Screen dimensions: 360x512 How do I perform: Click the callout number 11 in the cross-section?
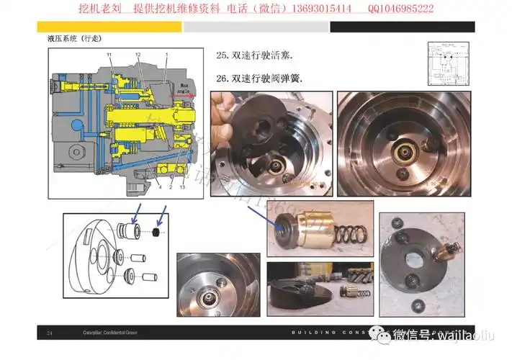(109, 55)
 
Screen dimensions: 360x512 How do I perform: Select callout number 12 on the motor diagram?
(138, 55)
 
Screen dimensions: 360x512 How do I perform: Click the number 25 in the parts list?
(221, 55)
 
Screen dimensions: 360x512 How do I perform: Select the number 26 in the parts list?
(221, 79)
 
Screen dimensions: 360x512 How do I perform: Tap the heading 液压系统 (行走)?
(70, 39)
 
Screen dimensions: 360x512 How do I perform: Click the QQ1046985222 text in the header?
(400, 9)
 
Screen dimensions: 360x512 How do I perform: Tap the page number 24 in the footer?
(50, 333)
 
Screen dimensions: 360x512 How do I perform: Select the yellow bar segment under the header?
(107, 27)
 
